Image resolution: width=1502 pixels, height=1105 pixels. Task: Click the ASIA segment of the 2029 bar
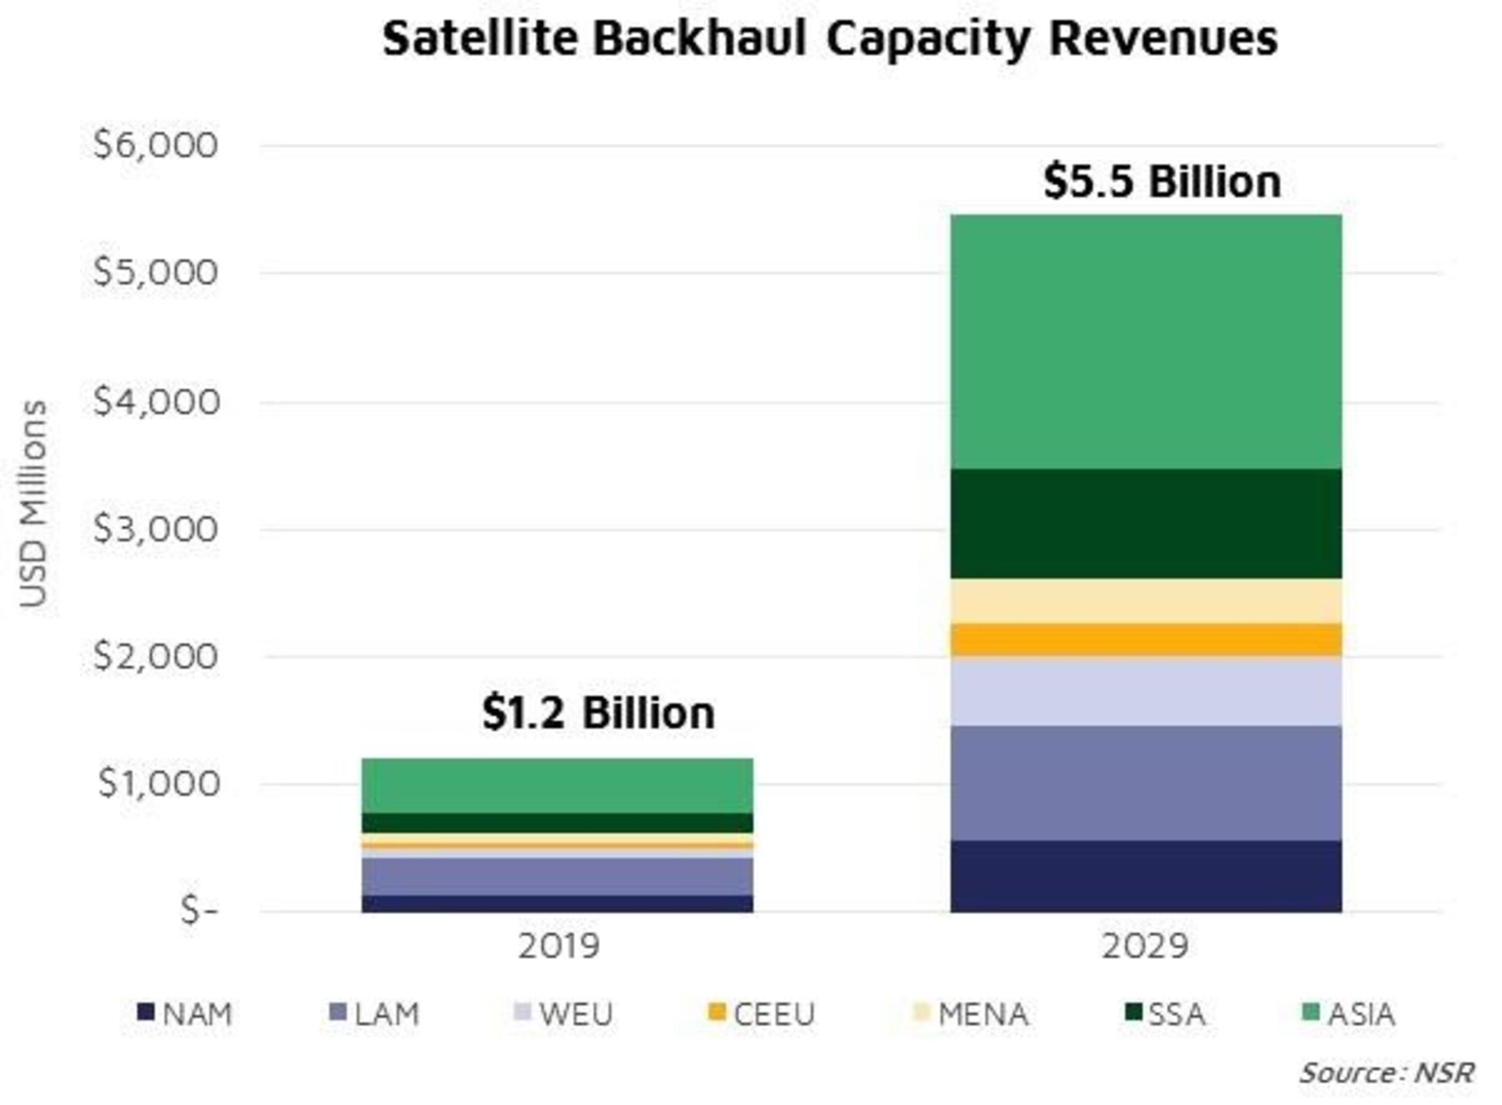(x=1145, y=341)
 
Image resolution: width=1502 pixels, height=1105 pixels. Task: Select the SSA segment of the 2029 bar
(x=1145, y=523)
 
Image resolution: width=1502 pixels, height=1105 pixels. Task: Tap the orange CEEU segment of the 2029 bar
(x=1145, y=639)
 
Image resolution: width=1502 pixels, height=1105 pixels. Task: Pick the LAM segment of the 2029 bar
(x=1145, y=782)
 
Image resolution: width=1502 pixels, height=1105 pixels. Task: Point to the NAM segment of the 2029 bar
(x=1145, y=876)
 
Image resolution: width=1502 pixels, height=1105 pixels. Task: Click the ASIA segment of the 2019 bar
(x=557, y=785)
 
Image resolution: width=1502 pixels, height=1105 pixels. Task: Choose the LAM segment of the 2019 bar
(x=557, y=876)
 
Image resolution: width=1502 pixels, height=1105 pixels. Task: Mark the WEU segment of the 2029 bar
(x=1145, y=692)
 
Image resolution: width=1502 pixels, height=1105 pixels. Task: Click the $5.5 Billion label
(x=1162, y=182)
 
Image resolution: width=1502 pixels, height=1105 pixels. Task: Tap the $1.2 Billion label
(x=598, y=713)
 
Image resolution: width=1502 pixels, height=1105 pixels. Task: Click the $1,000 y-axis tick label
(x=159, y=782)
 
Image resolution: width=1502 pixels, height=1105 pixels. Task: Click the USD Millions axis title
(x=33, y=503)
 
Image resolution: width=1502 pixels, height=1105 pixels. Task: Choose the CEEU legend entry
(x=763, y=1015)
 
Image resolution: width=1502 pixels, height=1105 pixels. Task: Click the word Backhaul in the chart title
(x=700, y=38)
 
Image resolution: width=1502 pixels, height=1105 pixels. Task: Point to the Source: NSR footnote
(x=1386, y=1073)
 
